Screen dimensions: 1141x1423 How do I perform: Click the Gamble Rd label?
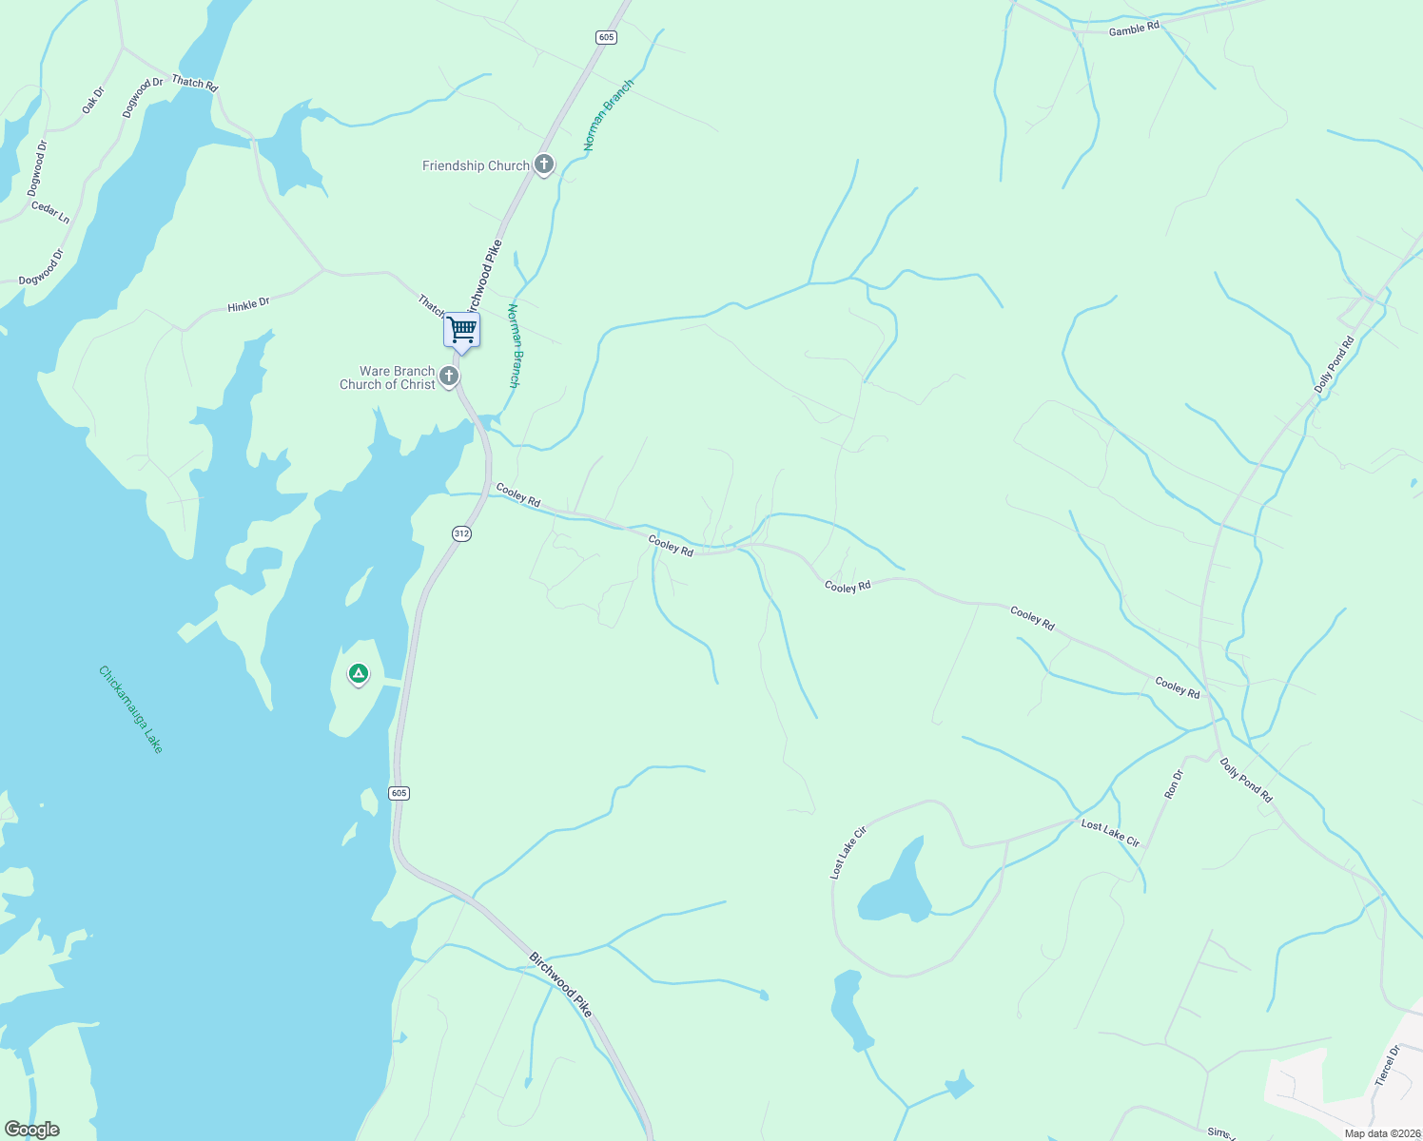click(1134, 29)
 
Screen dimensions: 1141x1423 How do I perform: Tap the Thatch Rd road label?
click(194, 83)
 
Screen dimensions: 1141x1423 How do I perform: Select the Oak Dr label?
click(92, 100)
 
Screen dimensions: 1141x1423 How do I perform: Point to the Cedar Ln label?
click(50, 212)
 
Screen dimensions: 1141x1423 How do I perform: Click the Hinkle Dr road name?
click(248, 304)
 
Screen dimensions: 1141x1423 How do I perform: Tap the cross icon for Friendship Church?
click(543, 164)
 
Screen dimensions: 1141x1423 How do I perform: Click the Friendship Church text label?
click(476, 165)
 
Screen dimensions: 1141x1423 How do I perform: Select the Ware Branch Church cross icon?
click(449, 377)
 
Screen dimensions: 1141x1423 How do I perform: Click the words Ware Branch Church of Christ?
click(388, 377)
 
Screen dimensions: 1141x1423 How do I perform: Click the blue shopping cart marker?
click(461, 331)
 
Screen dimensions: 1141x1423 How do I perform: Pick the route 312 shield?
click(461, 533)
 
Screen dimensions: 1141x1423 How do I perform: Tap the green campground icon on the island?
click(358, 674)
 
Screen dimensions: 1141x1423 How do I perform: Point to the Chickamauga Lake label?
click(131, 709)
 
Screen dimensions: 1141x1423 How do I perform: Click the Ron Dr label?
click(1174, 783)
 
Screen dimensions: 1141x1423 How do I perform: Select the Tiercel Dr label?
click(1387, 1066)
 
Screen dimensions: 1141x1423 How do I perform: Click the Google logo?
click(32, 1130)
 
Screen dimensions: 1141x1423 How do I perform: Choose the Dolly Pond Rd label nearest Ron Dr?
click(1246, 780)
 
